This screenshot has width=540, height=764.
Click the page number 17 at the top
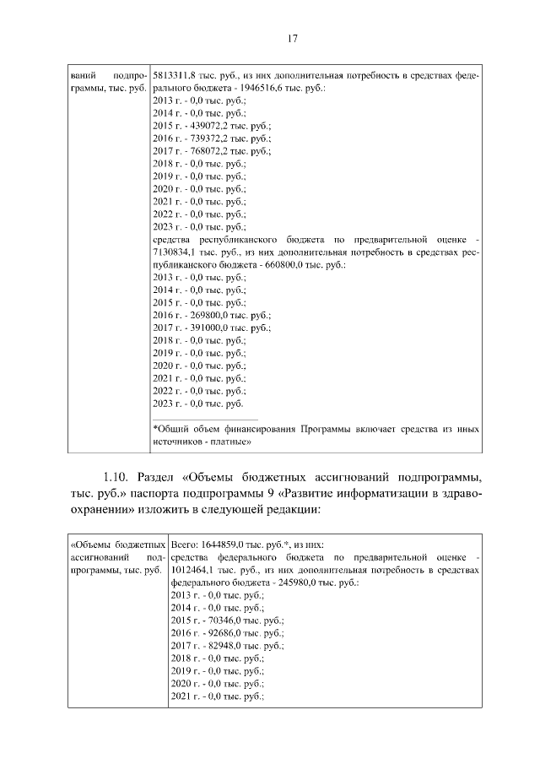tap(293, 38)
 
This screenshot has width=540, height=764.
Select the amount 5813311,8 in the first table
tap(176, 75)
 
